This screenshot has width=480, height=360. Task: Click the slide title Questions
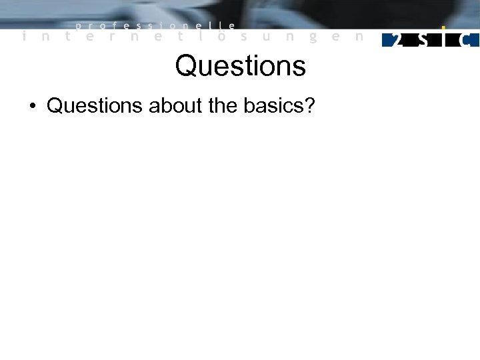point(240,65)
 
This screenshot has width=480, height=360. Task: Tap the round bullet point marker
point(32,106)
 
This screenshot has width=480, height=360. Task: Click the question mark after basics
point(308,105)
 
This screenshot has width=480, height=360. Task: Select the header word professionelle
point(155,26)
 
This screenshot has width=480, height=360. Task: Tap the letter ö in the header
point(222,37)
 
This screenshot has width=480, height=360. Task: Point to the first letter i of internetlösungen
point(24,37)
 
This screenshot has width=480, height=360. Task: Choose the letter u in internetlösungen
point(267,38)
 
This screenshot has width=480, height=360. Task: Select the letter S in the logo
point(422,40)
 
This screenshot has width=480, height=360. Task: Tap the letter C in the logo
point(469,40)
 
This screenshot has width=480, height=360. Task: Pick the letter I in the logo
point(445,39)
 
